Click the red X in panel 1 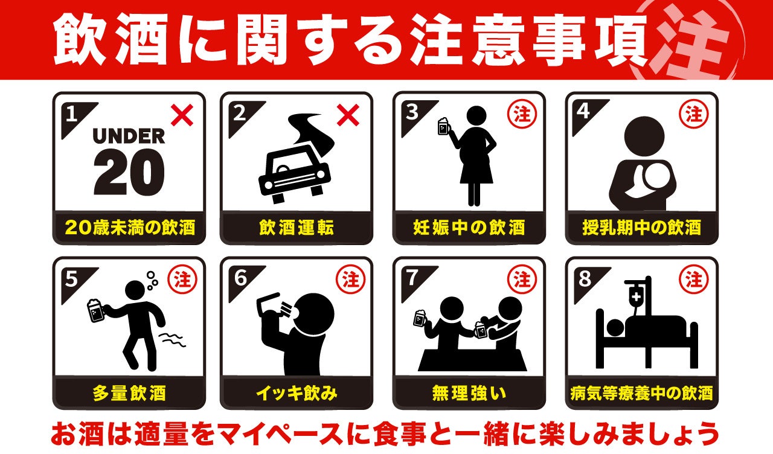coord(182,115)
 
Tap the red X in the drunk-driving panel coord(348,115)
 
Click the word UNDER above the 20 coord(129,136)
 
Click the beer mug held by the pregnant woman coord(444,127)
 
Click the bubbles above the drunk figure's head coord(152,281)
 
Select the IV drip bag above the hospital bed coord(637,296)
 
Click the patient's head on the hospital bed coord(615,328)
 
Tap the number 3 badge coord(412,112)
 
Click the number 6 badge coord(240,278)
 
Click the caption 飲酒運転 coord(297,228)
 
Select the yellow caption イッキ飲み coord(297,393)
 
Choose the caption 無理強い coord(469,393)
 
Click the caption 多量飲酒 coord(129,393)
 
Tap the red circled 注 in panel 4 coord(694,114)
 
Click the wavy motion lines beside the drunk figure coord(172,340)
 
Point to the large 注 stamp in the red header coord(687,42)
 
